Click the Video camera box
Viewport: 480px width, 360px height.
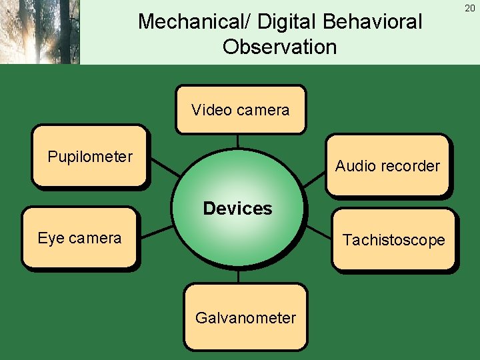pyautogui.click(x=240, y=109)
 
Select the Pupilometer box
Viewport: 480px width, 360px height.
pyautogui.click(x=89, y=156)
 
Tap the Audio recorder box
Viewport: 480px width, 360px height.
pyautogui.click(x=387, y=165)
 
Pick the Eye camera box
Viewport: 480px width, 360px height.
pyautogui.click(x=79, y=238)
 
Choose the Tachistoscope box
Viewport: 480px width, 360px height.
pyautogui.click(x=393, y=240)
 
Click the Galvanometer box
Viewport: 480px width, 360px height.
pyautogui.click(x=245, y=317)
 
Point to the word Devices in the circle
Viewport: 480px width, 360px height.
pyautogui.click(x=237, y=209)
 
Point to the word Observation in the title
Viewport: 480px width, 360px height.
pyautogui.click(x=279, y=47)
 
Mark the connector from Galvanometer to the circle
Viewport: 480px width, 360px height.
pyautogui.click(x=239, y=276)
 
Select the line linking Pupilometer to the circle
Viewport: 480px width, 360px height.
pyautogui.click(x=163, y=167)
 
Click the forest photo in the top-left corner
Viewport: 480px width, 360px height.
pyautogui.click(x=40, y=31)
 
